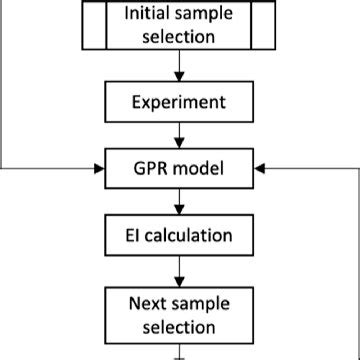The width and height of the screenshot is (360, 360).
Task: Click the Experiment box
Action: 180,102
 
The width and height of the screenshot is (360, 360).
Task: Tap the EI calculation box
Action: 180,237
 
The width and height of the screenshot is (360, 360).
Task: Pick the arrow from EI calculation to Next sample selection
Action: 180,270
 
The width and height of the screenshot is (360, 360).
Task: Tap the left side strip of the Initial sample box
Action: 92,25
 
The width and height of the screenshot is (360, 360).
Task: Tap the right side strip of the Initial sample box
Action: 265,25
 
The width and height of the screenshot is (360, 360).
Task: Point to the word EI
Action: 136,237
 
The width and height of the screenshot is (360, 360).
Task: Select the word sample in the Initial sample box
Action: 203,15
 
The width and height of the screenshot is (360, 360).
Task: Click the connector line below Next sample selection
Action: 180,352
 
